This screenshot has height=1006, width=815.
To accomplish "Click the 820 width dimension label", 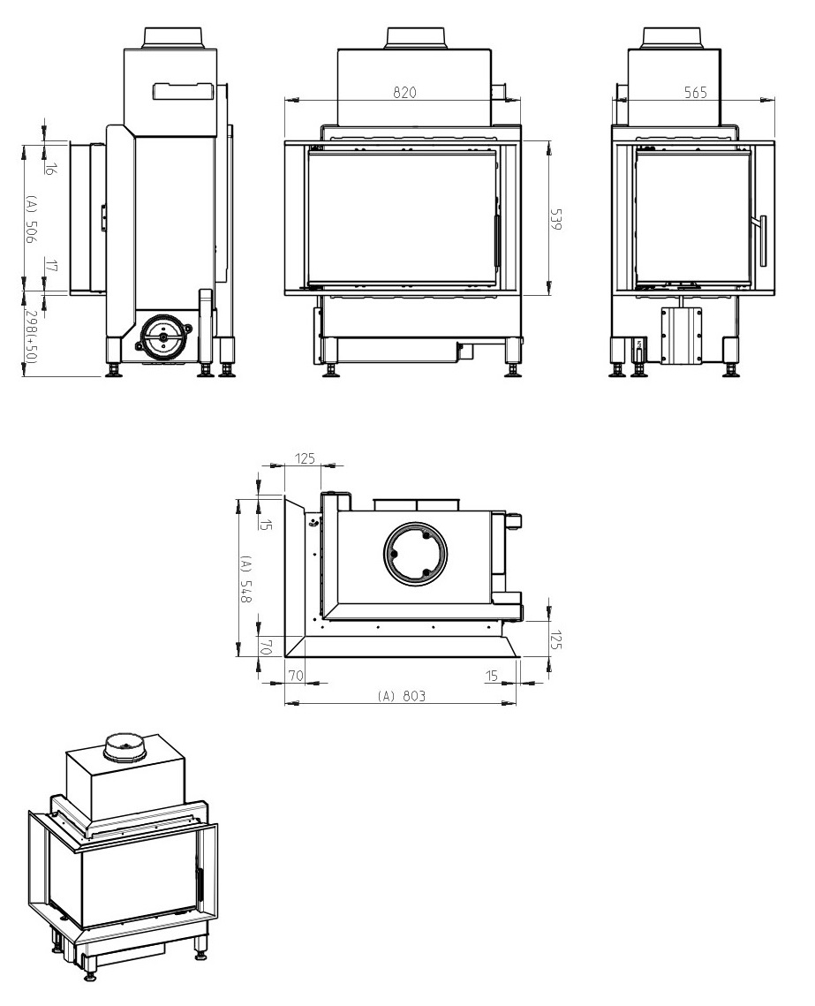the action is pyautogui.click(x=404, y=93).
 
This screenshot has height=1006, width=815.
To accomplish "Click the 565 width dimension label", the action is pyautogui.click(x=695, y=93).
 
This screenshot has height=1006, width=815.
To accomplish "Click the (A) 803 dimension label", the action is pyautogui.click(x=402, y=695).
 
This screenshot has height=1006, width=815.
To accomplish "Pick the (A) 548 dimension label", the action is pyautogui.click(x=246, y=579).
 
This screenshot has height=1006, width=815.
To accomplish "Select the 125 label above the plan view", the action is pyautogui.click(x=306, y=458).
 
